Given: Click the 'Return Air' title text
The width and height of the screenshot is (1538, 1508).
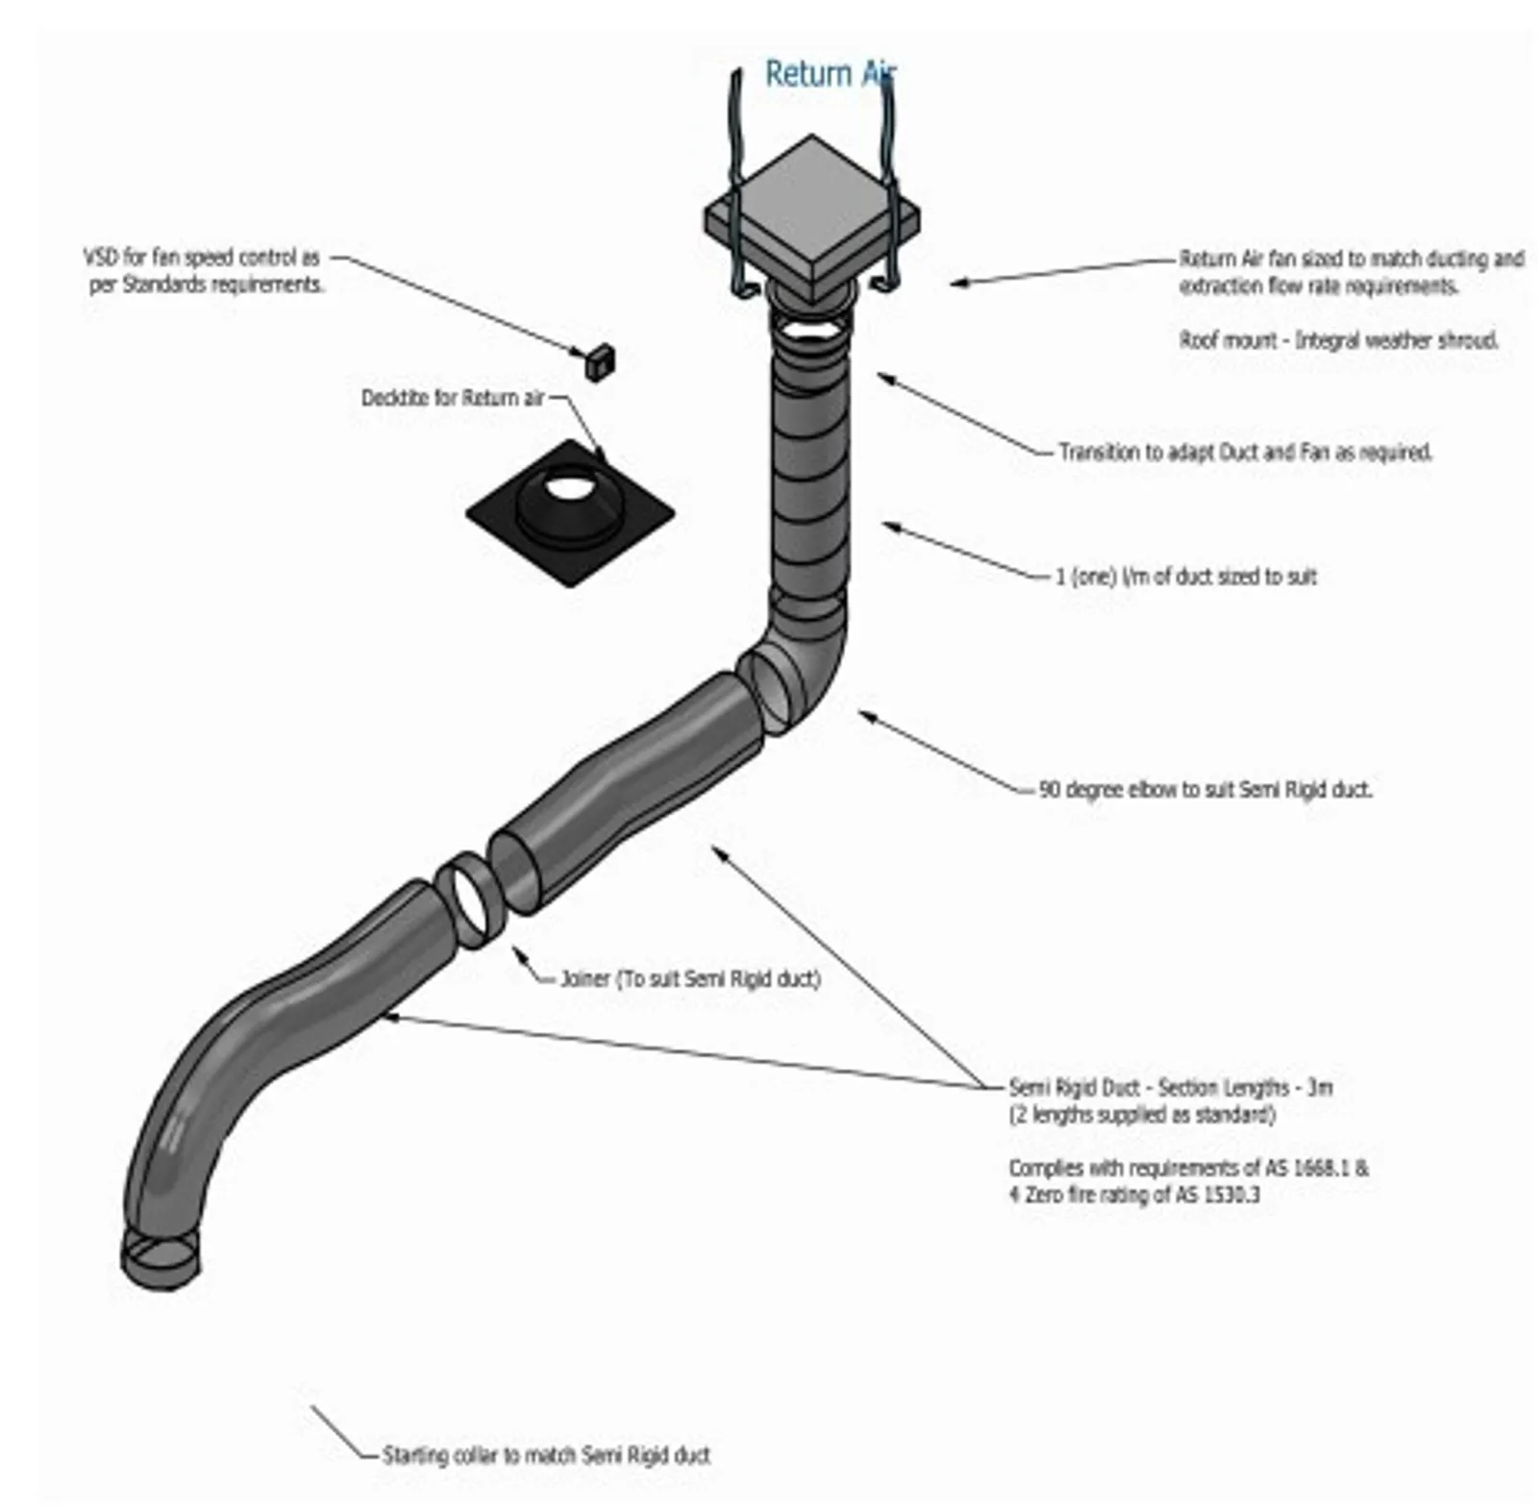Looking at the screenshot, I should coord(829,74).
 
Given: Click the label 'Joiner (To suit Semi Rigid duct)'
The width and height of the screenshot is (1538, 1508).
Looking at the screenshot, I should coord(690,979).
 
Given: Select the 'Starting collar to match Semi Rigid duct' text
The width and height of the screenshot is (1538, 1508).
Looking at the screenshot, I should coord(546,1455).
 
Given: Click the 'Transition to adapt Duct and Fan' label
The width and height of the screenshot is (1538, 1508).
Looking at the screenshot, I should coord(1245,452).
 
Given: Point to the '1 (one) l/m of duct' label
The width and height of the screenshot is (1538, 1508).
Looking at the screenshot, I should coord(1186,577).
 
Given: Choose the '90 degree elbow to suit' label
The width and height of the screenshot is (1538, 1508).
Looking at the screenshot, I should coord(1205,790).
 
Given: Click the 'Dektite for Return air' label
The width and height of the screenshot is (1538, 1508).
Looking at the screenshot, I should coord(452,398).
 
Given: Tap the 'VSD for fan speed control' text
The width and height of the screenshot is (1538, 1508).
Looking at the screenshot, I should coord(202,258).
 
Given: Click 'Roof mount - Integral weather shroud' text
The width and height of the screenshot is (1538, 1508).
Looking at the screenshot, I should coord(1338,340).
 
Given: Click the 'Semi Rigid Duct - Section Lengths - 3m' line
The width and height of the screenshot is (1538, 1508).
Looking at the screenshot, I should coord(1170,1088).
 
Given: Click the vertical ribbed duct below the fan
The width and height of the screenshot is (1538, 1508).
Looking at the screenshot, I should coord(812,461).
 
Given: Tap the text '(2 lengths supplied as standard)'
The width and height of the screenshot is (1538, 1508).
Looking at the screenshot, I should coord(1142,1115).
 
